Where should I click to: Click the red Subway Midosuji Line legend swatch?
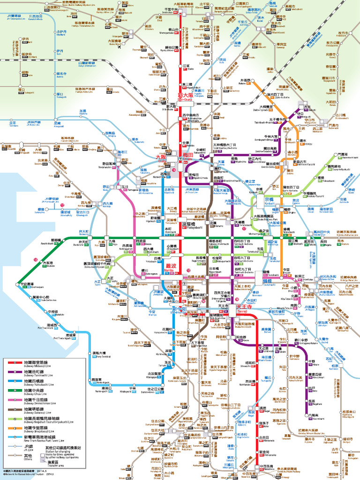click(x=14, y=362)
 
